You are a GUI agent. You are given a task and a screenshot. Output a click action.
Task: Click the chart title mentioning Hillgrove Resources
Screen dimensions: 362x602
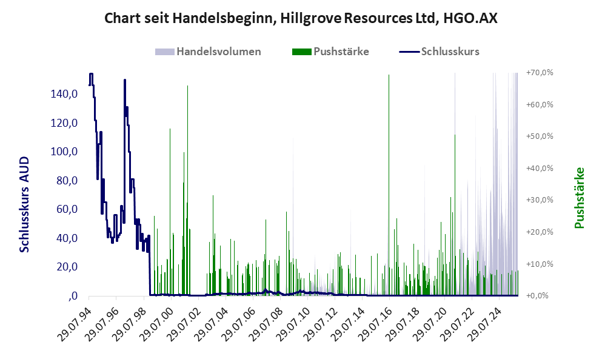tap(301, 18)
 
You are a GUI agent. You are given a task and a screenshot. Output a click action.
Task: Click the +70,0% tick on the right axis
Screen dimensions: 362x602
tap(539, 73)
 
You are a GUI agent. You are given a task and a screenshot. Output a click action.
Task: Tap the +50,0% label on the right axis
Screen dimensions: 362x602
tap(539, 136)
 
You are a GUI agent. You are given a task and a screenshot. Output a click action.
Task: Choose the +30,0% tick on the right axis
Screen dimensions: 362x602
tap(539, 200)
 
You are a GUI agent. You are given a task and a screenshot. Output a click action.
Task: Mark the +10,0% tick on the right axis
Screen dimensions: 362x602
tap(539, 264)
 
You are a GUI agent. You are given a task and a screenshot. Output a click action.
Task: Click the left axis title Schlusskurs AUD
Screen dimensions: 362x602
tap(25, 204)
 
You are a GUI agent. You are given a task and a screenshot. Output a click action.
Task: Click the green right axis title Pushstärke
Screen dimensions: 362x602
tap(580, 198)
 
